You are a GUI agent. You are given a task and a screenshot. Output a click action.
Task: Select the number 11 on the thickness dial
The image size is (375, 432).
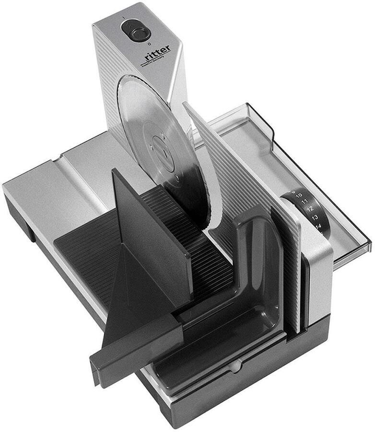[305, 201]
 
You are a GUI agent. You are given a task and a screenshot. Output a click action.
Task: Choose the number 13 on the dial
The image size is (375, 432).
[315, 217]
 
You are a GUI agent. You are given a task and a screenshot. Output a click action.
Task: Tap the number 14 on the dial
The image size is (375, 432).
[318, 226]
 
